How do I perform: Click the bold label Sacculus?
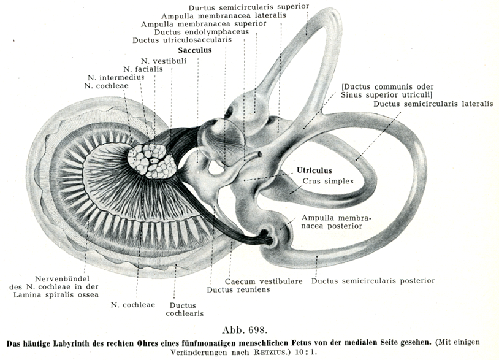(195, 50)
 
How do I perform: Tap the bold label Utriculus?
(314, 170)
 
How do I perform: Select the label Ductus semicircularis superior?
(249, 7)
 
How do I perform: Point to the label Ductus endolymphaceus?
(192, 32)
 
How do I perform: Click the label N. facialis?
(143, 69)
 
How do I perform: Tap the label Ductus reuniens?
(229, 289)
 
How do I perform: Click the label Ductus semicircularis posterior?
(373, 281)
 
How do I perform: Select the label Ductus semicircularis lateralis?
(433, 104)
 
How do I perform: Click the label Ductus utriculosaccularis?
(182, 40)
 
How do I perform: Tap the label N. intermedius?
(116, 77)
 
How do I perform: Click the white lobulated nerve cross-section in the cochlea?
(151, 161)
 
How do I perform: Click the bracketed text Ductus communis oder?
(385, 86)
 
